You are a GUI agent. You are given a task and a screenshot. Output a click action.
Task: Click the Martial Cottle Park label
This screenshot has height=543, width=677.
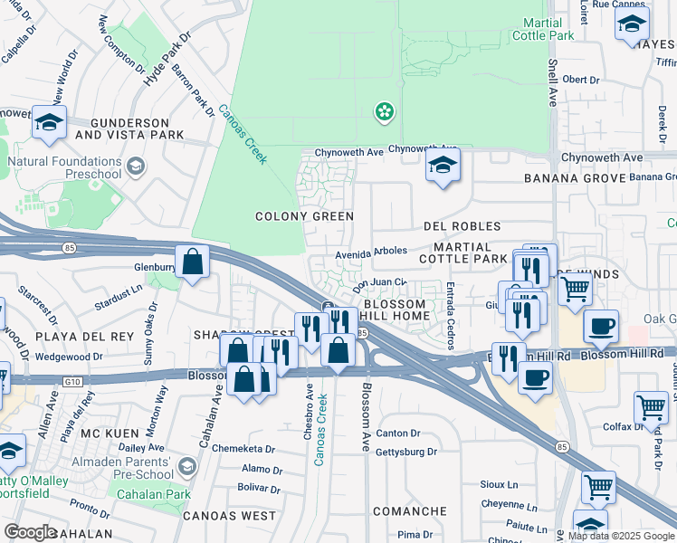click(543, 28)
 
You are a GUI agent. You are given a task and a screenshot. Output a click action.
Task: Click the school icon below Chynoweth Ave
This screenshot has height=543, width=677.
click(442, 166)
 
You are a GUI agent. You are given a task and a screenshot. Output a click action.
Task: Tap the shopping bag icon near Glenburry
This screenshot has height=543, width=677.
click(193, 262)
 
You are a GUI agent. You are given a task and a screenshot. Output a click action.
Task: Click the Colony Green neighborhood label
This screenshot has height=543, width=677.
click(304, 216)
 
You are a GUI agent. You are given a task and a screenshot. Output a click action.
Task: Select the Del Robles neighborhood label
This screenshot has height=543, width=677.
click(462, 225)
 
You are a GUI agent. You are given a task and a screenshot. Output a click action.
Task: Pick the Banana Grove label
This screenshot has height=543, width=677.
click(581, 178)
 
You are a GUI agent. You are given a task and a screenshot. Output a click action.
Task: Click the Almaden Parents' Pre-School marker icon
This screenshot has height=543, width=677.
click(187, 467)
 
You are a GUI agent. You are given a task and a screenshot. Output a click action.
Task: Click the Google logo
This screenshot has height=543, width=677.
click(30, 532)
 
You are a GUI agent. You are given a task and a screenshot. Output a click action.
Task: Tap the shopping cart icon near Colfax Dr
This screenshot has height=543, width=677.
click(651, 407)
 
